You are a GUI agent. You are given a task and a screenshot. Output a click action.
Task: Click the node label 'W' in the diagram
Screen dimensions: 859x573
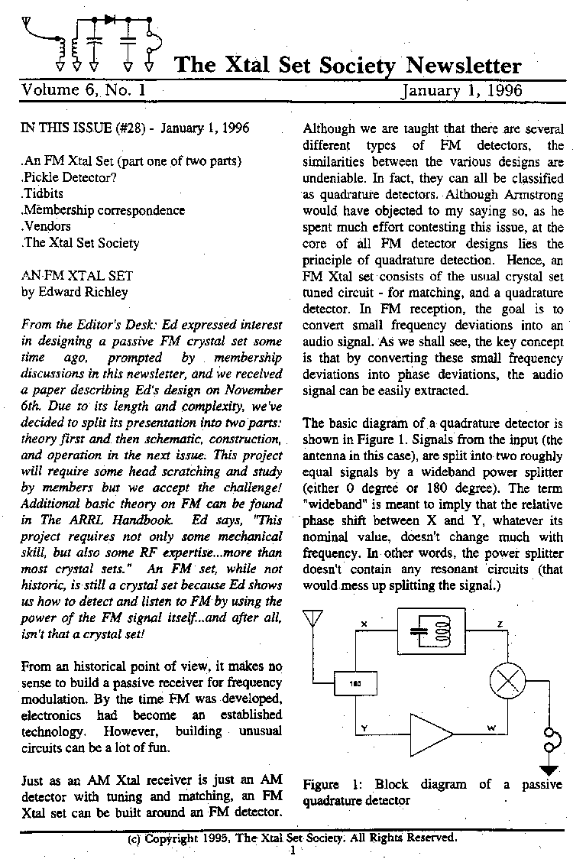492,727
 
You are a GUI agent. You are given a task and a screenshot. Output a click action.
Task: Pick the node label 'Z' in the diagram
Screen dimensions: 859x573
499,624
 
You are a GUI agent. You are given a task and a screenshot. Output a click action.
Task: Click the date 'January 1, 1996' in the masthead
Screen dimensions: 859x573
461,90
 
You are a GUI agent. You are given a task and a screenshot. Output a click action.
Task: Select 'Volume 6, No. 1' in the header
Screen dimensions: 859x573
84,90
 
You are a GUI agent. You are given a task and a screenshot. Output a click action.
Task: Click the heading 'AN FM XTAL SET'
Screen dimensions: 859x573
77,275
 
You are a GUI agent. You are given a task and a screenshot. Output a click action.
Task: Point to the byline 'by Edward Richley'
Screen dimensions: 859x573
75,291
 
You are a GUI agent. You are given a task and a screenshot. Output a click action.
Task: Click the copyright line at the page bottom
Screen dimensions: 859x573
293,837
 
